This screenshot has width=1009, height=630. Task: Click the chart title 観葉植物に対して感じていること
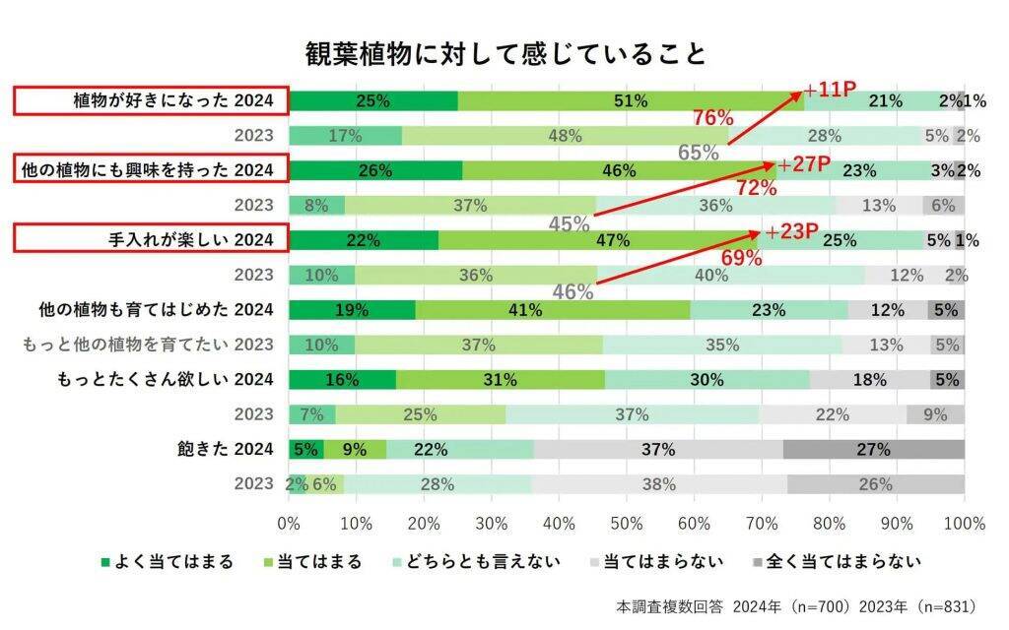[x=504, y=53]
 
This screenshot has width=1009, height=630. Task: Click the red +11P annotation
[x=831, y=91]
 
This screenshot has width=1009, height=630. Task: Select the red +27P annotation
[x=805, y=162]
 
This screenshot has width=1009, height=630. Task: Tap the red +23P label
[x=792, y=232]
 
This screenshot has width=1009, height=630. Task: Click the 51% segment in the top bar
[x=631, y=100]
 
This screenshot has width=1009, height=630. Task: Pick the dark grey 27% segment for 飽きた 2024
[x=873, y=450]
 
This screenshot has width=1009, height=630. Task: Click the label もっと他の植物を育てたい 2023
[x=149, y=345]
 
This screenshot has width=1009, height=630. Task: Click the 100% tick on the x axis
[x=964, y=522]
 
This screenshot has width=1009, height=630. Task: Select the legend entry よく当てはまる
[x=168, y=562]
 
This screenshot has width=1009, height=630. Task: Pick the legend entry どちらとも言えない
[x=477, y=562]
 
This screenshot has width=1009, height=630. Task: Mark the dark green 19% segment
[x=352, y=310]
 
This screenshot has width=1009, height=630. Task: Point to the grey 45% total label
[x=569, y=224]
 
